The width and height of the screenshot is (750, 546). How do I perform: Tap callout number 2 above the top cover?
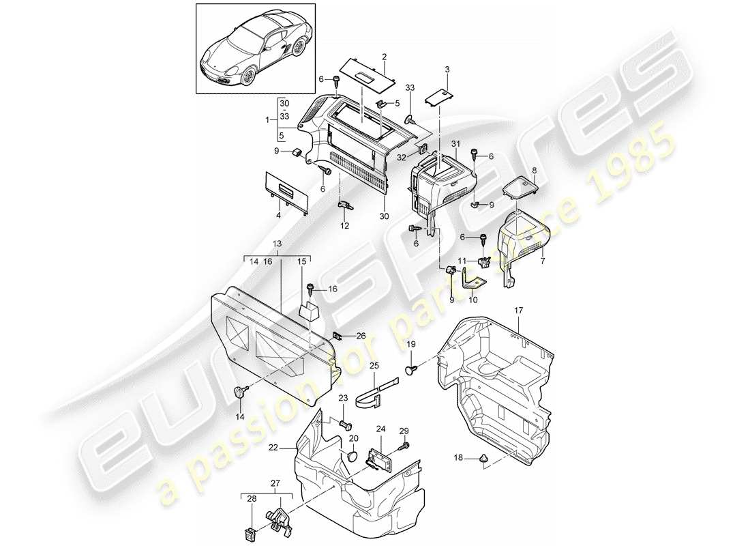385,57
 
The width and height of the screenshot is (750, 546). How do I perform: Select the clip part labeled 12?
344,205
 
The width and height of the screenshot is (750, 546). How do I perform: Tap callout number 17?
518,311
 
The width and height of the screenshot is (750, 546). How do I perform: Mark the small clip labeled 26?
337,335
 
